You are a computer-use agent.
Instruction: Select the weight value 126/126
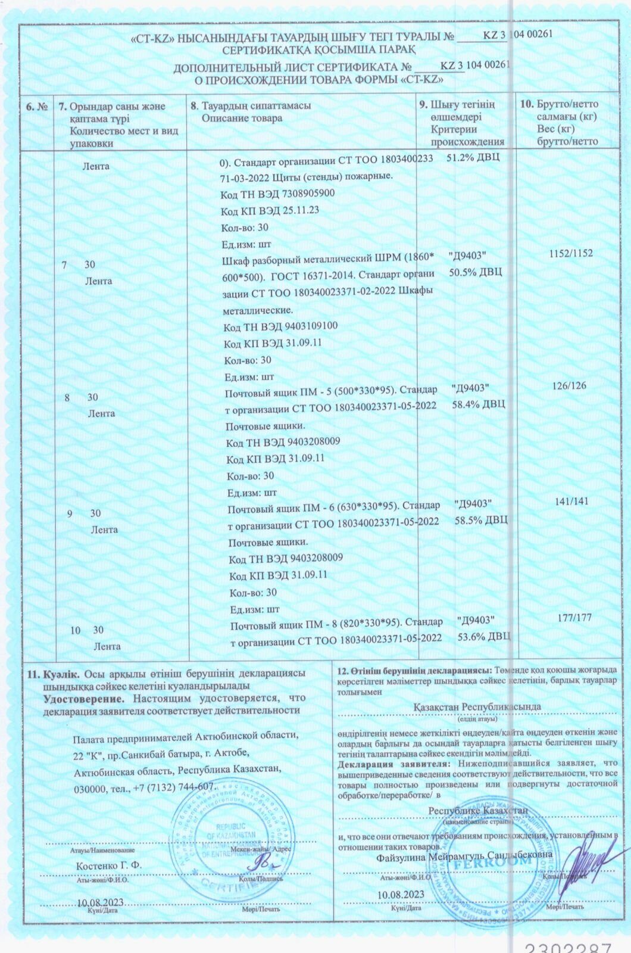coord(569,385)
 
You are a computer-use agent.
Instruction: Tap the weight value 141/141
coord(571,502)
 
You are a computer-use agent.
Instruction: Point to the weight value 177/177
coord(574,618)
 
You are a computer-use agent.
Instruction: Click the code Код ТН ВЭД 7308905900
coord(277,194)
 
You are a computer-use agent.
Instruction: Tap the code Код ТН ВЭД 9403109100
coord(280,326)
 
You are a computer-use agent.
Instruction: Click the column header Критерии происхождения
coord(467,136)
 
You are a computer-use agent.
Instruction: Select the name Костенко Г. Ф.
coord(108,865)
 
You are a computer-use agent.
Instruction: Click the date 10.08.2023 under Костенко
coord(101,902)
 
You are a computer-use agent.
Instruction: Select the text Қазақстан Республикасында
coord(477,706)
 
